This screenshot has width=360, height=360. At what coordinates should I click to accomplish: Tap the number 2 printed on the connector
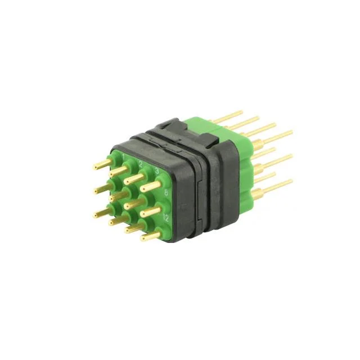[x=141, y=163]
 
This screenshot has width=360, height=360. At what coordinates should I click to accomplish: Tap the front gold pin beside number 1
[x=103, y=164]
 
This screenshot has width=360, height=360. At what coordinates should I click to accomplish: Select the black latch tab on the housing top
[x=169, y=127]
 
